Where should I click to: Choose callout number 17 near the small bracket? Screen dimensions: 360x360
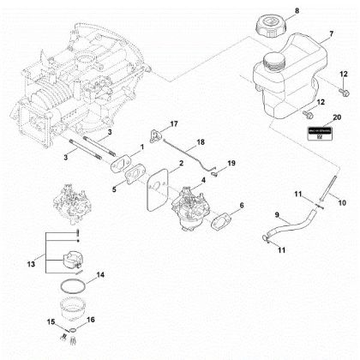coord(173,125)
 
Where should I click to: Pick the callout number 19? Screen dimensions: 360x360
coord(230,161)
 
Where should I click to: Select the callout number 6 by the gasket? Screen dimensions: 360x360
coord(243,206)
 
